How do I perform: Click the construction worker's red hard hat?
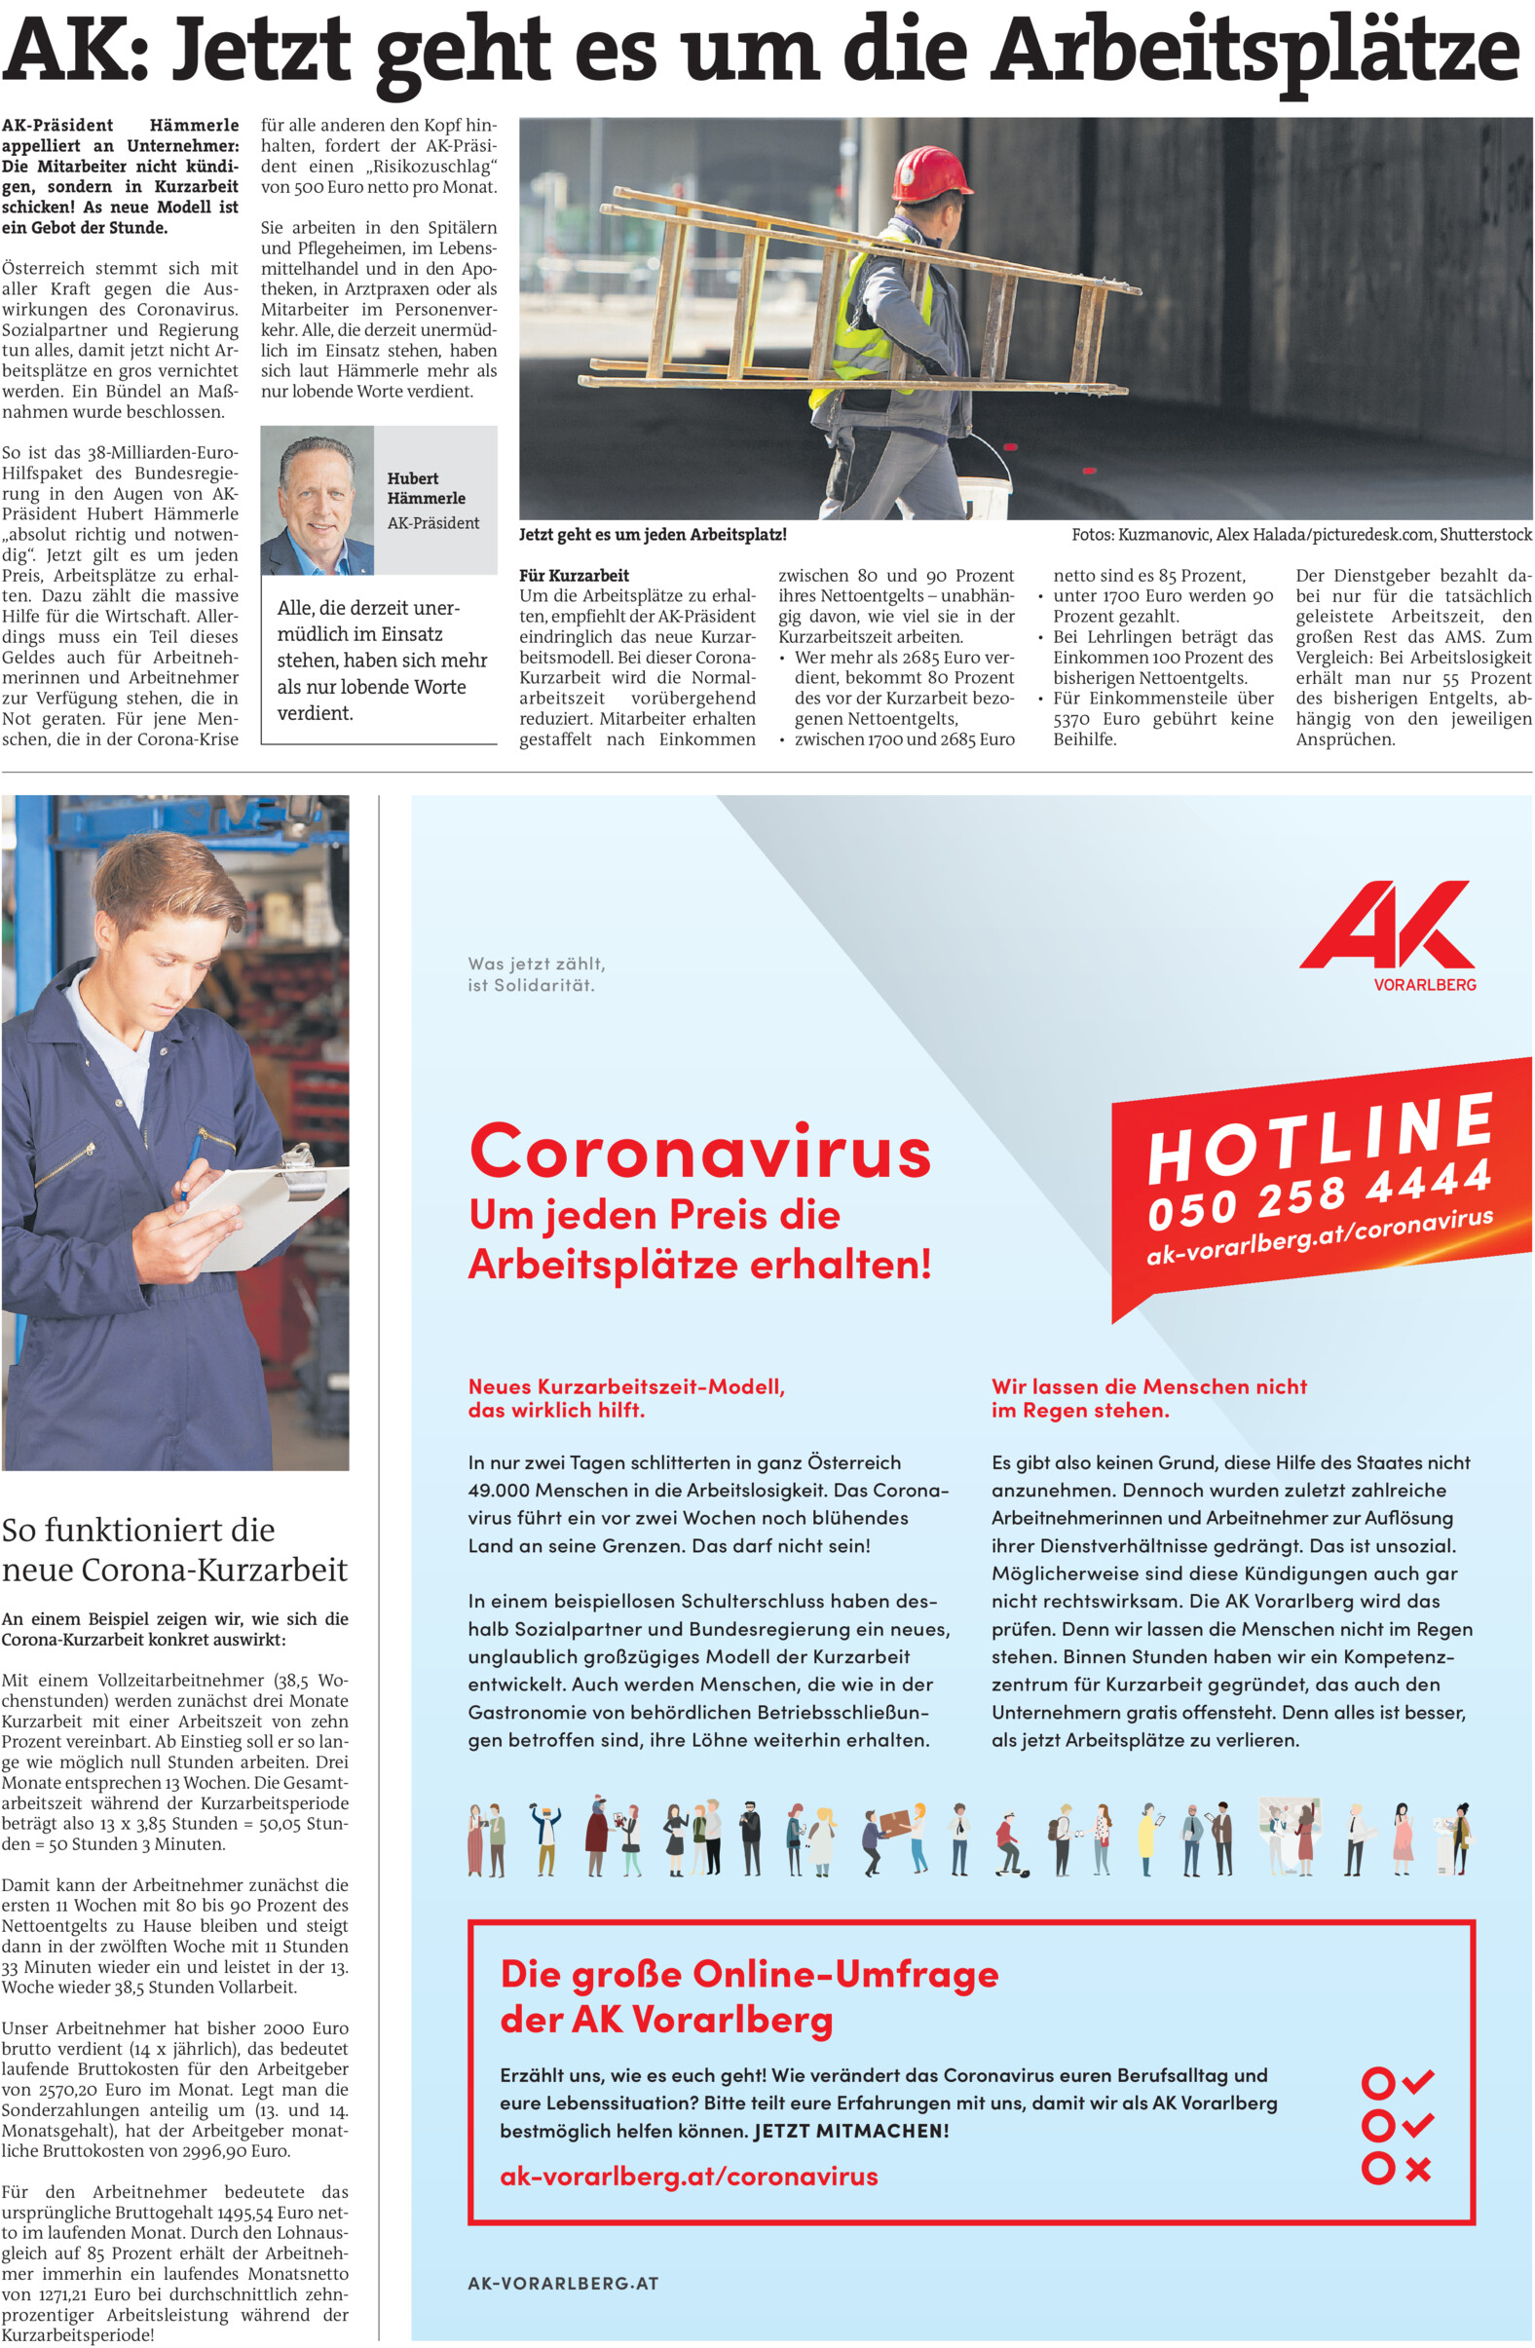click(x=931, y=173)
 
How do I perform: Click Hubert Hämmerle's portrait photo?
click(x=317, y=500)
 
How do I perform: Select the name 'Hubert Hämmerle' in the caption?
click(x=426, y=487)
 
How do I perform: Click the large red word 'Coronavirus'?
click(x=699, y=1152)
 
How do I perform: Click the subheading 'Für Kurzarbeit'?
click(x=574, y=575)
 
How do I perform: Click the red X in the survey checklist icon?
click(x=1417, y=2170)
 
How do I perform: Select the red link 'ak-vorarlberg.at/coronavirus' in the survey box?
click(x=689, y=2176)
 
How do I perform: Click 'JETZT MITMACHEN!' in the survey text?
click(x=850, y=2130)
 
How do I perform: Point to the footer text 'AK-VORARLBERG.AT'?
click(x=562, y=2282)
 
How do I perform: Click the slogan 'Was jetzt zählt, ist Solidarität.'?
click(x=537, y=973)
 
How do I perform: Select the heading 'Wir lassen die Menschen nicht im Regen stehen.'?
click(x=1148, y=1398)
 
